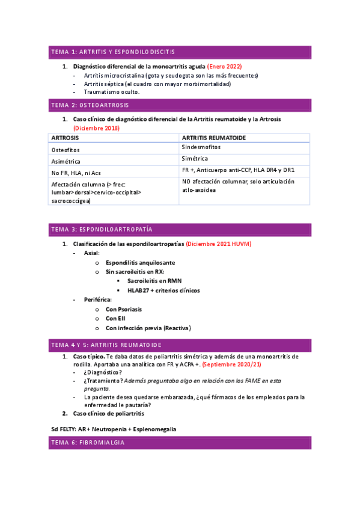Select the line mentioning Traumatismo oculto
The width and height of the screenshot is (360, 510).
[x=112, y=92]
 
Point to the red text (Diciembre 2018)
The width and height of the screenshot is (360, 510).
[x=96, y=128]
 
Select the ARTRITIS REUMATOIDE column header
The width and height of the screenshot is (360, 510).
[x=213, y=138]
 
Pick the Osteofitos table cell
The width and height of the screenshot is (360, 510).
[x=66, y=149]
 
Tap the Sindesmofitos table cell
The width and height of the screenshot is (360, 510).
[x=201, y=147]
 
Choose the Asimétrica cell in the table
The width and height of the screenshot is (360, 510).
[x=66, y=161]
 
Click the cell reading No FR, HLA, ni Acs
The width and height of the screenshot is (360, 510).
[x=76, y=172]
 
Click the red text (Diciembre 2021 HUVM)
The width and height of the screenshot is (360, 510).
[x=218, y=244]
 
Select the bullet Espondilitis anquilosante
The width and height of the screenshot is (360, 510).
[x=140, y=263]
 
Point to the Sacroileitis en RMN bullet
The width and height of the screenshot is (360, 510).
[x=155, y=281]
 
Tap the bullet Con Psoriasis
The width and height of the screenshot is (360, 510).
[x=124, y=309]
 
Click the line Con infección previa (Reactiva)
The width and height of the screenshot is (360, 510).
[x=148, y=328]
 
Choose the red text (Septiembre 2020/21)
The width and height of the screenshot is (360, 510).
[x=231, y=365]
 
